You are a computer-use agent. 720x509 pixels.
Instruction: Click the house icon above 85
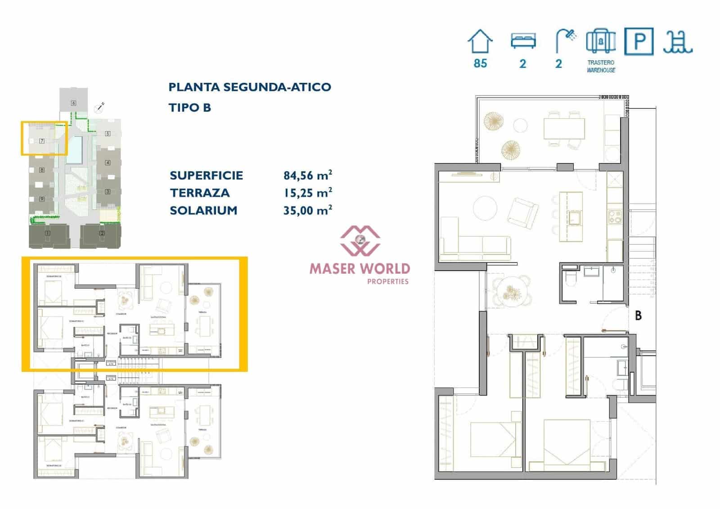click(x=480, y=41)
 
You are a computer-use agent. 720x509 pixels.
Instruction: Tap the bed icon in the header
click(x=523, y=41)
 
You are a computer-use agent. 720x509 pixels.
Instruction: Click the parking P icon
click(x=639, y=41)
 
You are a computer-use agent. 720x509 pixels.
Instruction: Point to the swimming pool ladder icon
click(x=677, y=42)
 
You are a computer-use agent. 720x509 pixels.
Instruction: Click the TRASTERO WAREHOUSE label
click(x=601, y=66)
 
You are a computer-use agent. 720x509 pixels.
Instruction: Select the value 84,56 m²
click(x=308, y=175)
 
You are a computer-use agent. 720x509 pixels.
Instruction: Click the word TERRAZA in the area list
click(x=200, y=193)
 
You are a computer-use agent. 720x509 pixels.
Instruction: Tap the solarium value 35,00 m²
click(x=308, y=210)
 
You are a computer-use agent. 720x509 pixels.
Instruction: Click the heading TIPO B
click(x=189, y=108)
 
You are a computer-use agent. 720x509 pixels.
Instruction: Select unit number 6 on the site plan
click(x=73, y=103)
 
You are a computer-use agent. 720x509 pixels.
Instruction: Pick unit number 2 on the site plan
click(x=102, y=233)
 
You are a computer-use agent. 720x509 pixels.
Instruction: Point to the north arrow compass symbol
click(x=99, y=108)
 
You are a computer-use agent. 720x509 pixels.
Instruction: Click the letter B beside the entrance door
click(x=638, y=316)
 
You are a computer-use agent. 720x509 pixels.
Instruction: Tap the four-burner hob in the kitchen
click(x=614, y=217)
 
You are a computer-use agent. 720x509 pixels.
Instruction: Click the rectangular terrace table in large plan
click(x=564, y=128)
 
